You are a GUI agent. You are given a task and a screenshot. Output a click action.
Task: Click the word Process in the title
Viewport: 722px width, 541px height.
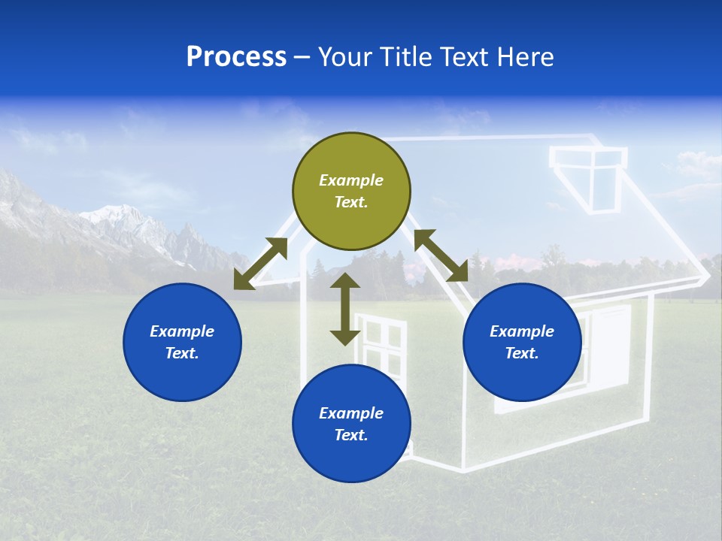click(x=236, y=57)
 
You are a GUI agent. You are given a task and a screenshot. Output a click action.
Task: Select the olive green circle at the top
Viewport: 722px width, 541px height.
click(x=351, y=191)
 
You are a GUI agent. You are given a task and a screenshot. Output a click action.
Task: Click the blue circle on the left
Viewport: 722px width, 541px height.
click(x=182, y=342)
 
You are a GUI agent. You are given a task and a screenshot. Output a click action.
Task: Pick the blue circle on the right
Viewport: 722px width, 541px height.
click(x=522, y=342)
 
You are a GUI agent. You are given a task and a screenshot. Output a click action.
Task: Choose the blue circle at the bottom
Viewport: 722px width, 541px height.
click(x=351, y=423)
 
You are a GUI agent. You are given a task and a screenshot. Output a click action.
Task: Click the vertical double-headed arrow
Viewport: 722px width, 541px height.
click(x=345, y=309)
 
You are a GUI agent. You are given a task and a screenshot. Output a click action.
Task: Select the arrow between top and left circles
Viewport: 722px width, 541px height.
click(x=261, y=264)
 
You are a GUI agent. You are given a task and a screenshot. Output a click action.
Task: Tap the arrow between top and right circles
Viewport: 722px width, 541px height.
click(x=441, y=255)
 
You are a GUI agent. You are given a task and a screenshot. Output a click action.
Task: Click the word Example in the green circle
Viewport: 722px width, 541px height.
click(x=351, y=180)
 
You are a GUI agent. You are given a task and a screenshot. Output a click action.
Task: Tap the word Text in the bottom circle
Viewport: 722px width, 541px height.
click(x=351, y=435)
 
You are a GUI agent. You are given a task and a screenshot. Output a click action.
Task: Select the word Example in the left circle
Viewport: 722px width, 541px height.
click(x=182, y=331)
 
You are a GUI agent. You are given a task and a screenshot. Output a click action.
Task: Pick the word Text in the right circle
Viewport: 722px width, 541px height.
click(x=522, y=353)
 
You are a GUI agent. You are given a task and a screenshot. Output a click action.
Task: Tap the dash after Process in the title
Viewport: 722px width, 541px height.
click(x=302, y=57)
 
